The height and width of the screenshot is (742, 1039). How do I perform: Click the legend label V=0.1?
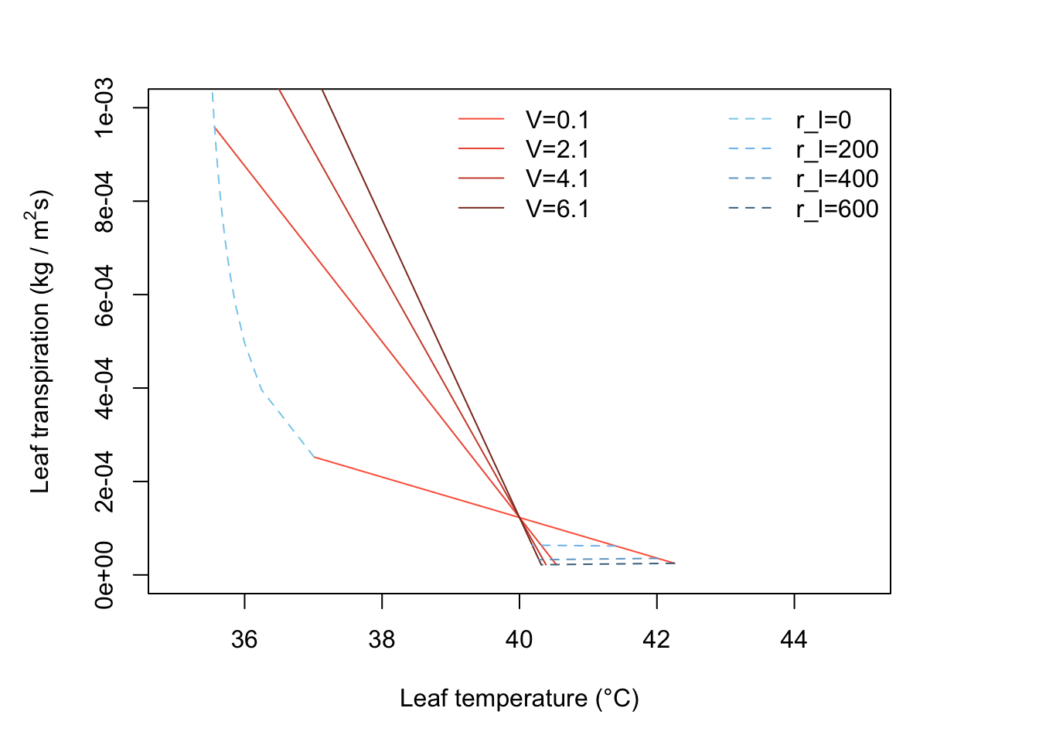[x=557, y=120]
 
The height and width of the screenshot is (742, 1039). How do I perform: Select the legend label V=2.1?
[x=557, y=149]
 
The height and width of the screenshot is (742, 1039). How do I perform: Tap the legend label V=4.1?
[x=557, y=179]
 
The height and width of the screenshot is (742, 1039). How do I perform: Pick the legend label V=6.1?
[x=557, y=209]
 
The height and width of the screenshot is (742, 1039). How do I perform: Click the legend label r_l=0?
[x=823, y=120]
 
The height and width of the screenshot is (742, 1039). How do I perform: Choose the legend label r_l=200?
[x=837, y=149]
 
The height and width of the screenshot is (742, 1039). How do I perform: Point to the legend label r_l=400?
[x=837, y=179]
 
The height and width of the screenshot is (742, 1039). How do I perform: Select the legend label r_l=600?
[x=837, y=209]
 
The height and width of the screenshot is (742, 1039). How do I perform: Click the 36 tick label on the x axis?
[x=244, y=639]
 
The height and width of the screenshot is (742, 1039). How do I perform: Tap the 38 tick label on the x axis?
[x=382, y=639]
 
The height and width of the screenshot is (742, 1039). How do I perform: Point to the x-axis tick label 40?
[x=519, y=639]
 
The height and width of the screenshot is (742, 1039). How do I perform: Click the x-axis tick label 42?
[x=657, y=639]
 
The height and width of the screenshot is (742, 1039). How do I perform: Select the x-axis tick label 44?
[x=794, y=639]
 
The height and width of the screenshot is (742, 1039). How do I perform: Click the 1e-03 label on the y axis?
[x=104, y=107]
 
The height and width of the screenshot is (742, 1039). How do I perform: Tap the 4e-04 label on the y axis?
[x=104, y=388]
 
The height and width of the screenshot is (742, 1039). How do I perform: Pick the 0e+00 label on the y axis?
[x=104, y=575]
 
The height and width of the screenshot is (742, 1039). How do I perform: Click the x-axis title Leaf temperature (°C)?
[x=519, y=699]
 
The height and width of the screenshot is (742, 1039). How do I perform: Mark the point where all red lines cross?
[x=519, y=518]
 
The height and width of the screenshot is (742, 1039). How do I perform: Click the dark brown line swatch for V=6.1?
[x=481, y=209]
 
